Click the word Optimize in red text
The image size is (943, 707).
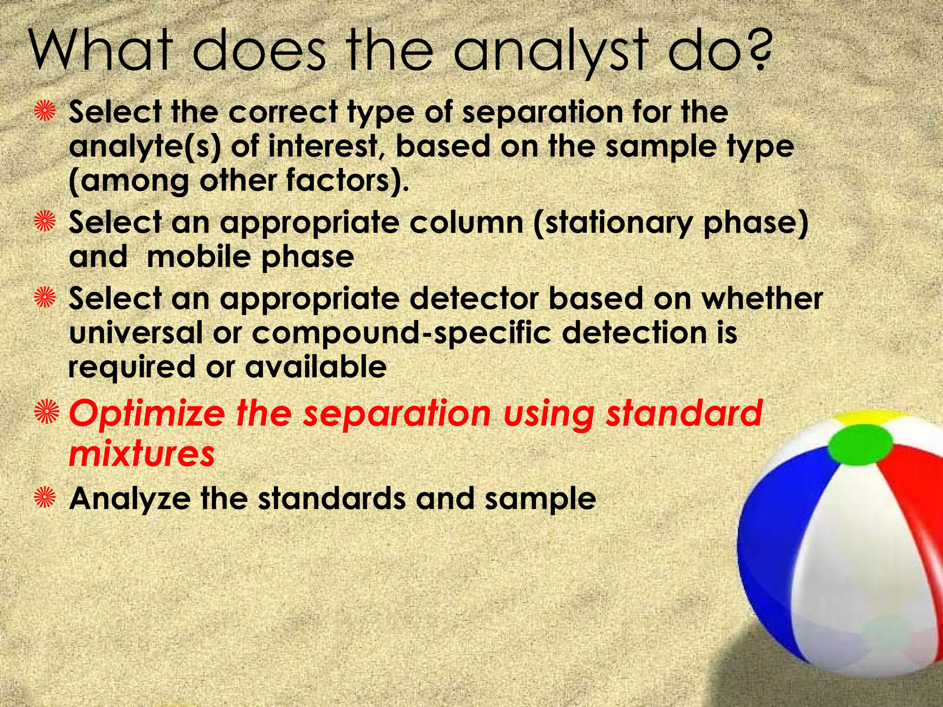147,414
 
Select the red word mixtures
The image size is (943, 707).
142,453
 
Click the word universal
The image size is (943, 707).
135,332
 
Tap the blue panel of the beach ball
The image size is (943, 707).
778,543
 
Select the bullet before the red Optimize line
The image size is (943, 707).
47,411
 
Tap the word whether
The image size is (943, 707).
762,298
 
